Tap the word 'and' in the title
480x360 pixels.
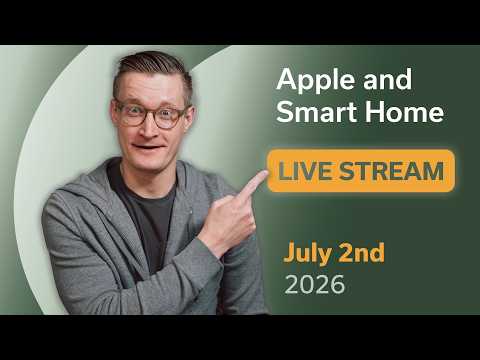click(x=388, y=80)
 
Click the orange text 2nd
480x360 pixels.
click(x=362, y=252)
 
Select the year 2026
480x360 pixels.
click(x=315, y=284)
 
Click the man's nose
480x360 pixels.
click(x=149, y=128)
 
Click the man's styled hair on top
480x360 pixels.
click(x=152, y=67)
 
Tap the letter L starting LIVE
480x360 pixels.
click(x=284, y=171)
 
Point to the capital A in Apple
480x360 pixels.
click(x=287, y=79)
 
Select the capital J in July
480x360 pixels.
click(x=289, y=252)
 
